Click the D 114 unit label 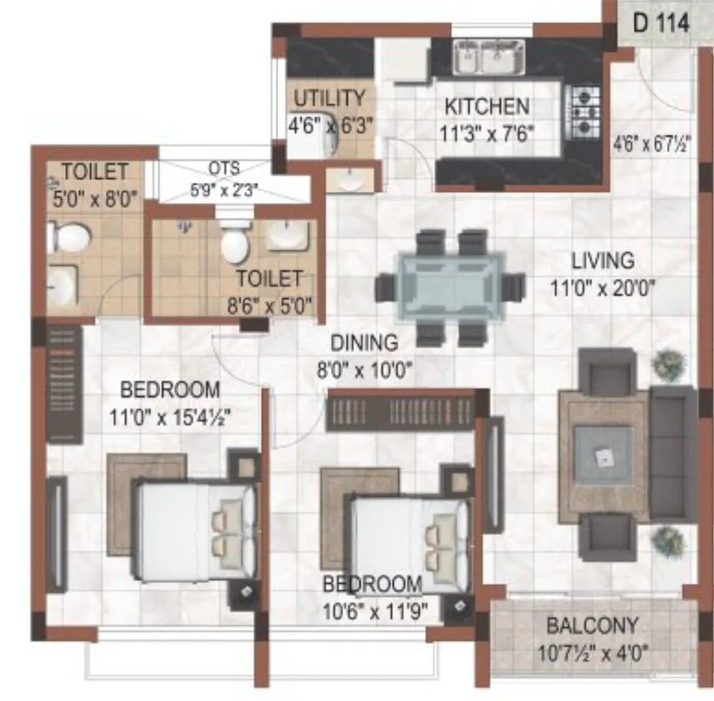[661, 23]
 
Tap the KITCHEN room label [487, 107]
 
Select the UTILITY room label [330, 98]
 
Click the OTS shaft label [224, 169]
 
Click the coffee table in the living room [603, 456]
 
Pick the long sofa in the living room [673, 454]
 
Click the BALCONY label [592, 626]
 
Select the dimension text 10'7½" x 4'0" [592, 652]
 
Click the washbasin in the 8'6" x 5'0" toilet [288, 236]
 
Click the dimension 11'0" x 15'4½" [170, 416]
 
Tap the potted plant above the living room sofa [670, 364]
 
